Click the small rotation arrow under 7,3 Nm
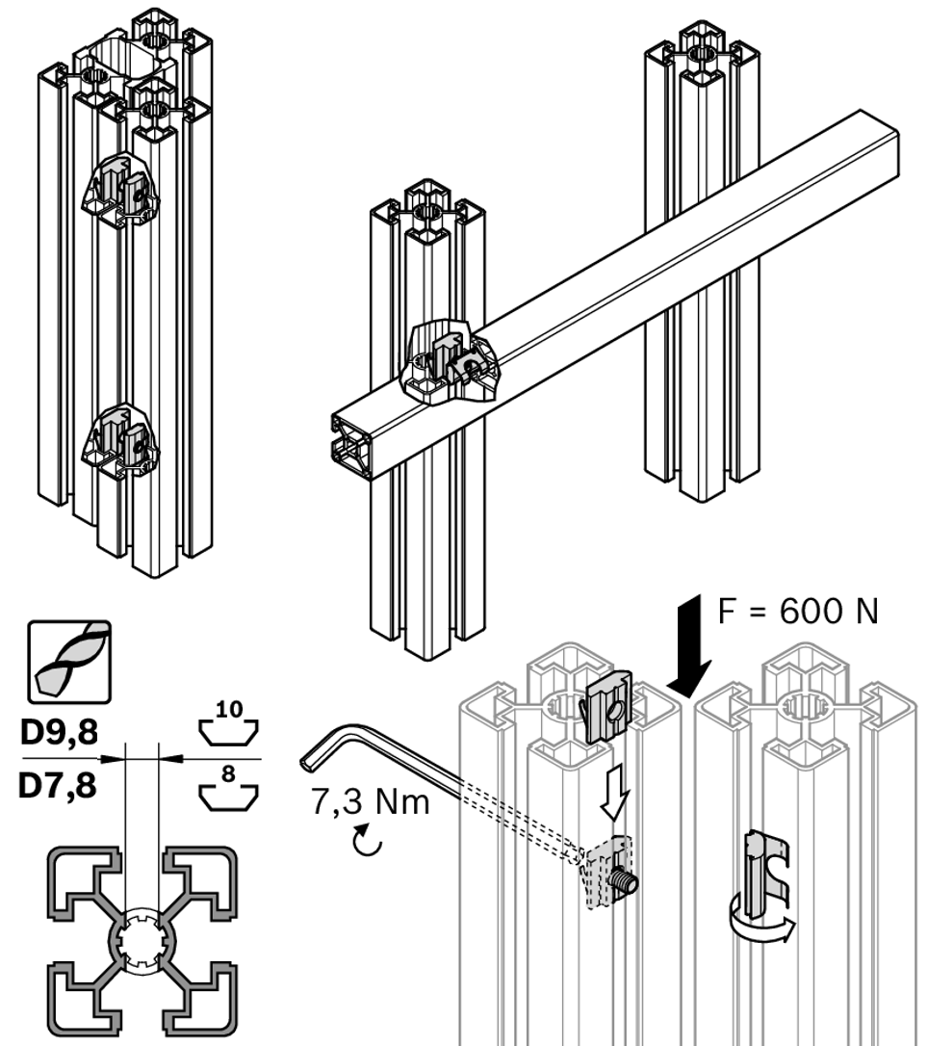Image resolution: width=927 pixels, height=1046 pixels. click(369, 841)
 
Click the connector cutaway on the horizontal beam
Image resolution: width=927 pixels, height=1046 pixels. click(452, 364)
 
